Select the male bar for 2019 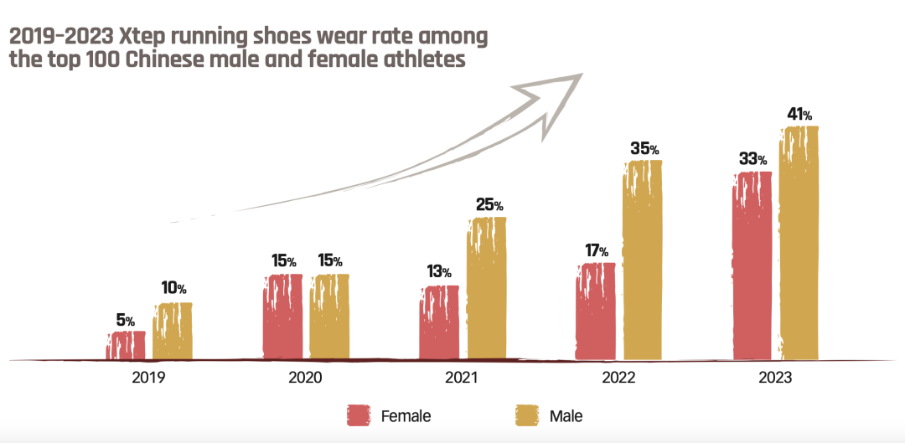coord(172,332)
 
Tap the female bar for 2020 coord(282,317)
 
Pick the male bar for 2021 coord(486,289)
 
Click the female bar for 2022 coord(595,312)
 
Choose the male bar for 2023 coord(799,244)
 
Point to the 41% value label coord(799,115)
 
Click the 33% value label coord(752,159)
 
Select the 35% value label coord(644,148)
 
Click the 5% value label coord(125,320)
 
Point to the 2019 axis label coord(148,378)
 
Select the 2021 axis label coord(462,378)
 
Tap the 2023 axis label coord(775,378)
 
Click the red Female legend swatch coord(359,415)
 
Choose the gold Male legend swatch coord(526,415)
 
